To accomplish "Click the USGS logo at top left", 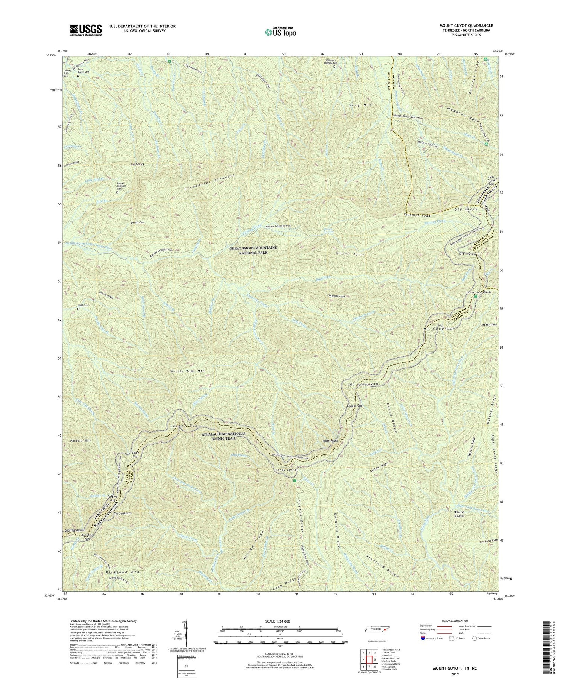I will pos(86,30).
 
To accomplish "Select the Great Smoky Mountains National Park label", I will pos(253,250).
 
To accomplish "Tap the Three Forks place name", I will pos(459,514).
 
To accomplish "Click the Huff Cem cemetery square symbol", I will pos(79,309).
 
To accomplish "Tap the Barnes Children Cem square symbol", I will pos(117,193).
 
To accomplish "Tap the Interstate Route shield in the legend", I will pos(423,638).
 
